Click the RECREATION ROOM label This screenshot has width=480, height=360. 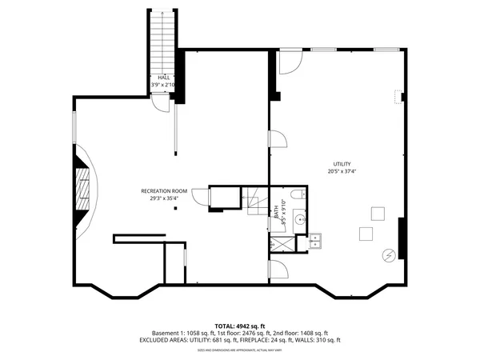click(x=164, y=190)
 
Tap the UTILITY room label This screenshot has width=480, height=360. click(x=342, y=164)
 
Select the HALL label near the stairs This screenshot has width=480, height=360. click(x=163, y=77)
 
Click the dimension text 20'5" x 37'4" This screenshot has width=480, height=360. click(x=342, y=171)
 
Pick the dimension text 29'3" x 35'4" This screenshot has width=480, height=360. click(x=164, y=198)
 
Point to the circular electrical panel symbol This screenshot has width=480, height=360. click(x=389, y=254)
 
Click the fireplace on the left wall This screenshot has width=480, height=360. click(x=82, y=190)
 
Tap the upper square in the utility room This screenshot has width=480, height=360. click(x=377, y=214)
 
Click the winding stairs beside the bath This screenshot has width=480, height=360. click(x=257, y=202)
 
